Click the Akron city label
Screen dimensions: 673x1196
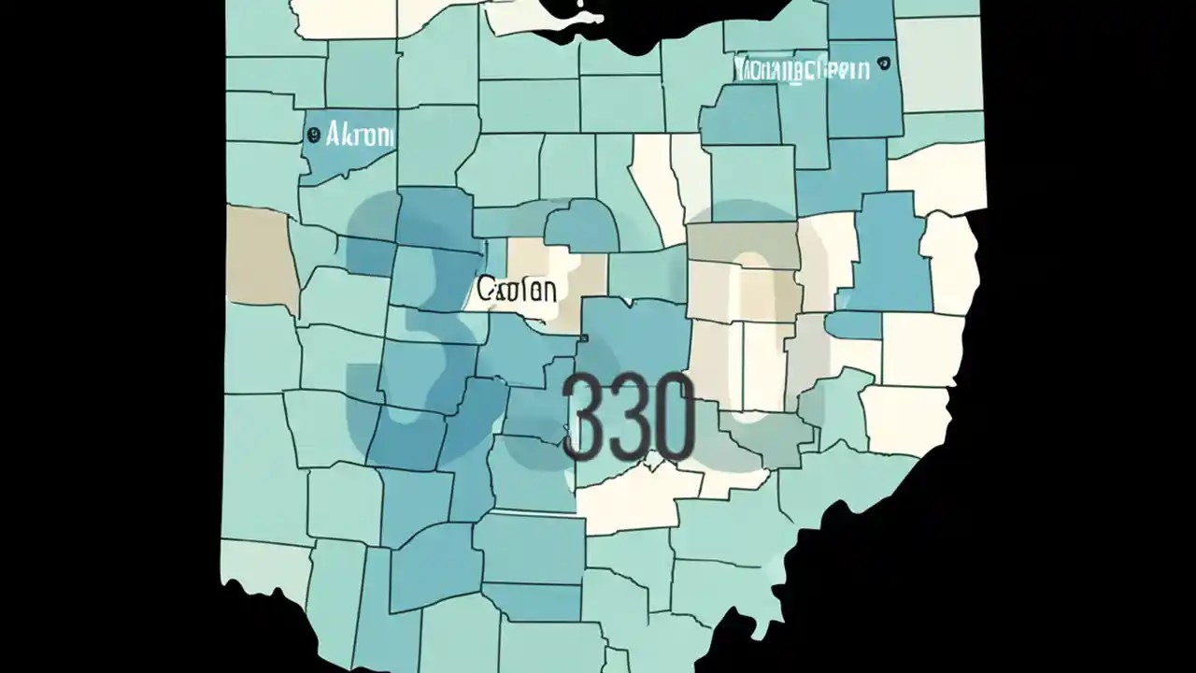click(360, 136)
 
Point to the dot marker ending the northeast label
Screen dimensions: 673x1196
click(883, 65)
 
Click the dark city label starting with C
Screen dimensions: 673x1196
click(517, 290)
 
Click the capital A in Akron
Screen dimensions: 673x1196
click(334, 136)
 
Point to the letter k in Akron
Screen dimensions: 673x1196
click(348, 136)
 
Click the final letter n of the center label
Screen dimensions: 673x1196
click(548, 290)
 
